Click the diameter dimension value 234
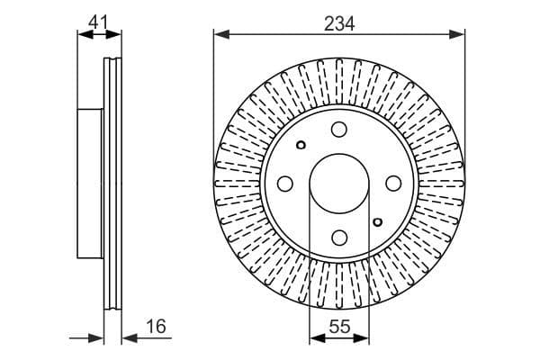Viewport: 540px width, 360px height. [339, 24]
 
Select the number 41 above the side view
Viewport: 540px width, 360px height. [100, 18]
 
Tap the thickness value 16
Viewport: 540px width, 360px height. [156, 327]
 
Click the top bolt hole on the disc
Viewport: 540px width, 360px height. [339, 130]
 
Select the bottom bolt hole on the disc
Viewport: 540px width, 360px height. [339, 238]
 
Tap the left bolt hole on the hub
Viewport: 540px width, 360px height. [285, 184]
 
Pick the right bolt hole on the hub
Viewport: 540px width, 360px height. [393, 184]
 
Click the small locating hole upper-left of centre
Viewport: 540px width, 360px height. [301, 146]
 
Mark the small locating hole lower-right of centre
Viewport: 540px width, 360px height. [377, 220]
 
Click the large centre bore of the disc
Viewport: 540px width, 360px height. [339, 184]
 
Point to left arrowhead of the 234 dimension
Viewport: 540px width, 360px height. [220, 35]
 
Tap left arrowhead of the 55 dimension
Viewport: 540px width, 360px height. [315, 338]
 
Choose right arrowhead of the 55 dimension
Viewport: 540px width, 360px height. [364, 338]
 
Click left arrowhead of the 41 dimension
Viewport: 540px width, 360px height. [85, 35]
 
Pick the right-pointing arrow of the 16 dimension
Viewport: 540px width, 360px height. [98, 338]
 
